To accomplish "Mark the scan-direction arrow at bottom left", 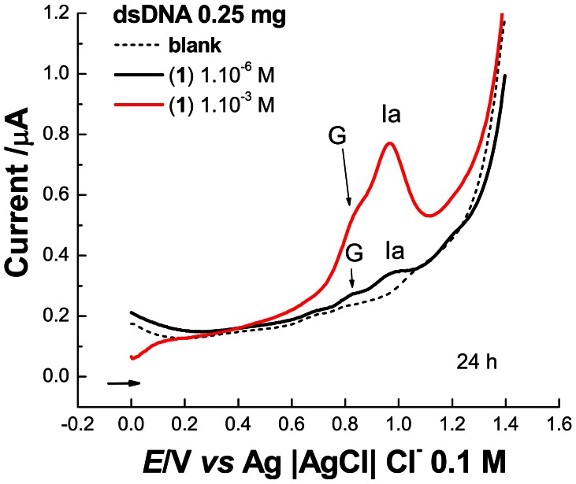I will pyautogui.click(x=124, y=383).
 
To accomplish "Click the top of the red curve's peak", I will pyautogui.click(x=389, y=143).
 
